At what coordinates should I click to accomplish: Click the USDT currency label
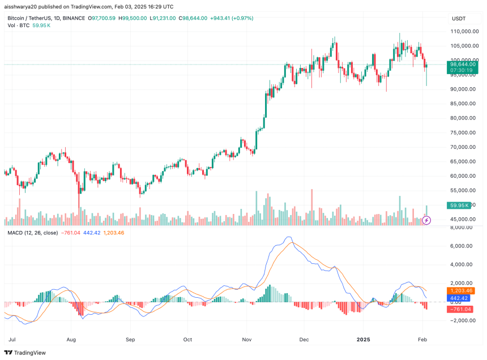point(458,19)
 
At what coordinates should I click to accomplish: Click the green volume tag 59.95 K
point(459,205)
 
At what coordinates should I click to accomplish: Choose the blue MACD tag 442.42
point(460,298)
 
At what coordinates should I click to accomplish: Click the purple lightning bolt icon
point(427,220)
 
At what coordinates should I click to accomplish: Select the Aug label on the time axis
point(71,340)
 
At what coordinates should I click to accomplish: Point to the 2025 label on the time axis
point(362,340)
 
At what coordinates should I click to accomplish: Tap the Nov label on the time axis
point(246,340)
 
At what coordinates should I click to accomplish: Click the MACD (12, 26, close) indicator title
point(32,233)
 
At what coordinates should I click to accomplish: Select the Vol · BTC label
point(18,26)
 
